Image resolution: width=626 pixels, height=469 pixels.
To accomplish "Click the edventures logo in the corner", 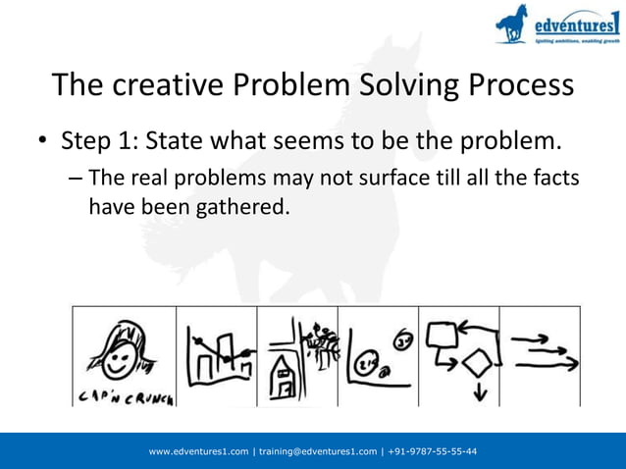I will coord(558,26).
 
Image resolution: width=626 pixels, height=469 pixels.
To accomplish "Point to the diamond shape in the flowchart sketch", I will coord(478,362).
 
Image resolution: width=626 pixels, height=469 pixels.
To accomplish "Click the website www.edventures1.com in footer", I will coord(198,451).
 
